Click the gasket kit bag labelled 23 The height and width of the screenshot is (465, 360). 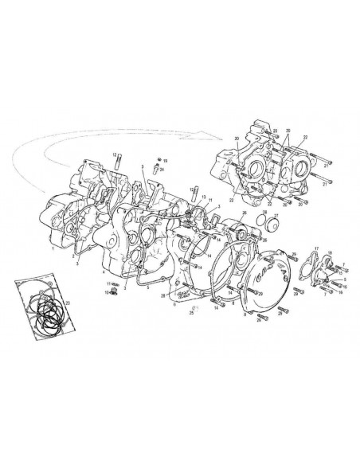pyautogui.click(x=41, y=307)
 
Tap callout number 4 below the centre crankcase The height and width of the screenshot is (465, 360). pyautogui.click(x=104, y=272)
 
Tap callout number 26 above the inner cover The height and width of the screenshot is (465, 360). pyautogui.click(x=244, y=214)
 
